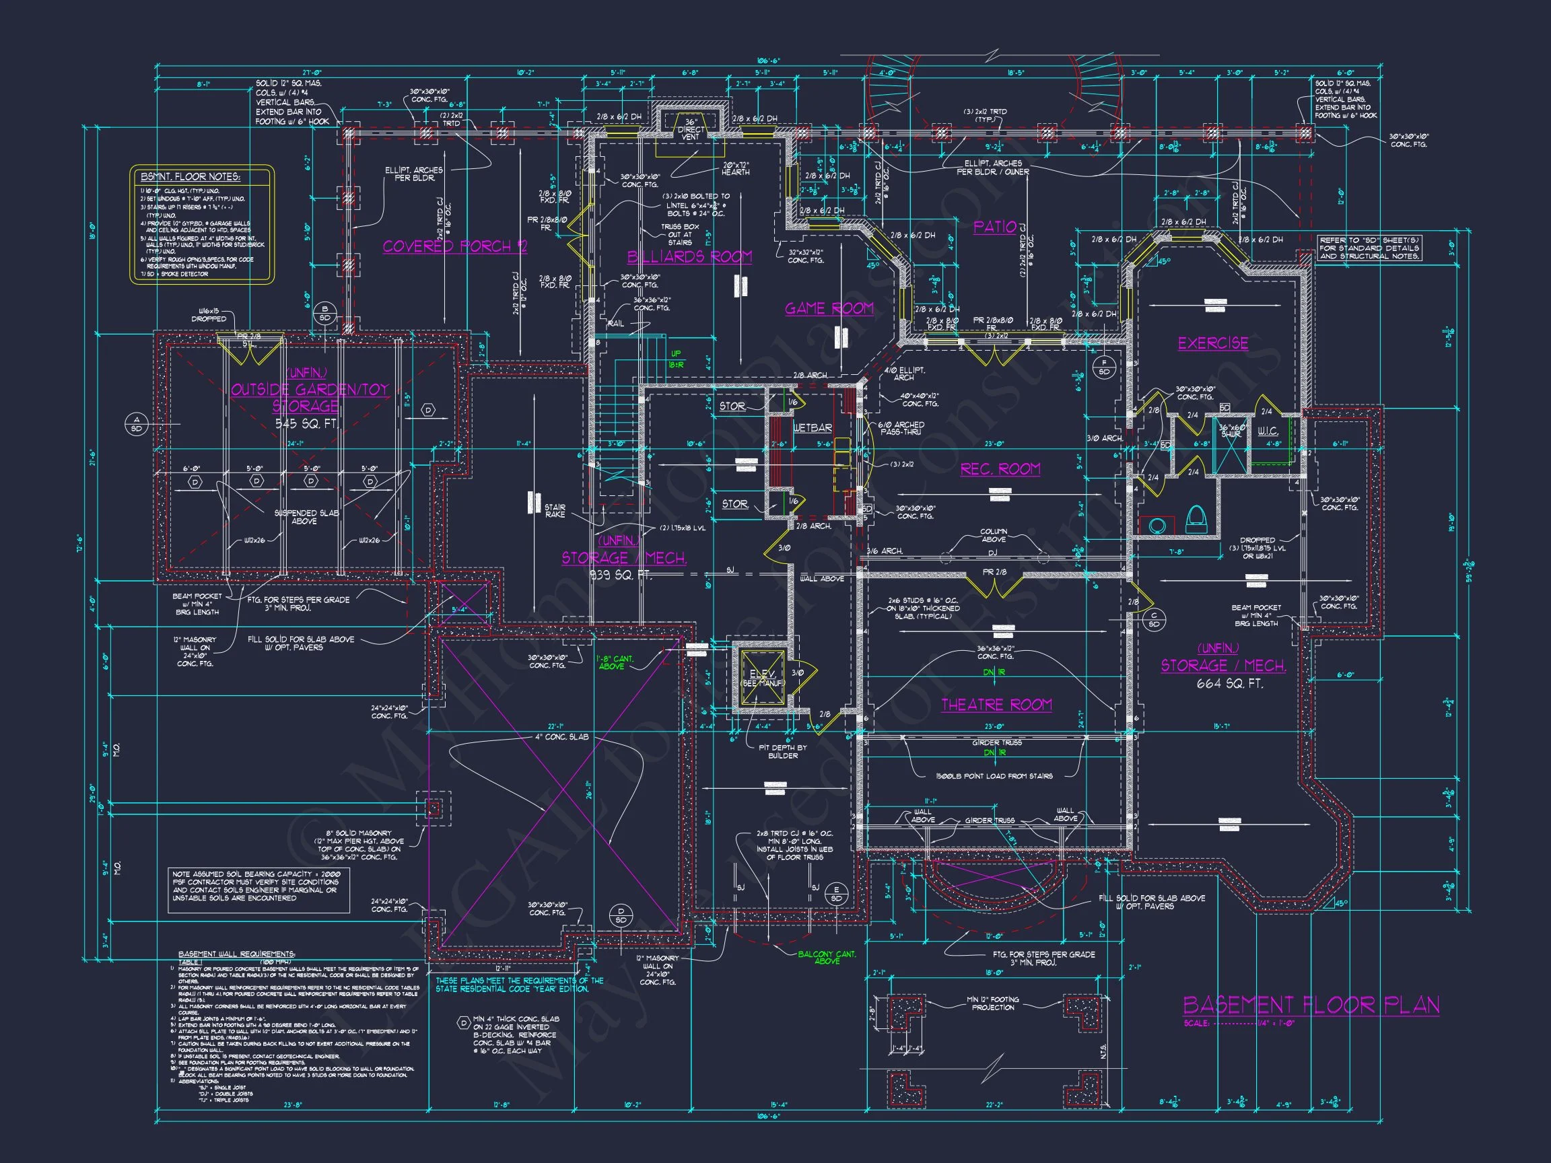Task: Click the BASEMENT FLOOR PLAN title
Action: click(x=1311, y=1005)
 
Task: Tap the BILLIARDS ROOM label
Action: click(x=689, y=256)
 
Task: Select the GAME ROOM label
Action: click(x=829, y=308)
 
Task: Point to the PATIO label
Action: click(x=995, y=226)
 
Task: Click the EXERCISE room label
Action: click(x=1213, y=343)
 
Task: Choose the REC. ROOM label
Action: click(x=1000, y=469)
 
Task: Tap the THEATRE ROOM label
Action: click(x=996, y=705)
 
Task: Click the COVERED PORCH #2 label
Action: click(x=454, y=246)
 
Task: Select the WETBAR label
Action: click(x=813, y=427)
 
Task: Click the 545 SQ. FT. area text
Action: click(x=307, y=424)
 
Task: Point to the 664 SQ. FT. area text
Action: click(x=1230, y=684)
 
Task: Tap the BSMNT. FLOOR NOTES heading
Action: click(x=191, y=176)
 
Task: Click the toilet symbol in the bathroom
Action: click(x=1196, y=520)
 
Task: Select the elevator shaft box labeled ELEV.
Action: click(x=761, y=678)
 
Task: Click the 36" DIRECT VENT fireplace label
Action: click(x=691, y=130)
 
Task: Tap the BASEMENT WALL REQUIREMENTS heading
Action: click(x=236, y=954)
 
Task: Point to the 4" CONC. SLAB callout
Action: click(x=562, y=737)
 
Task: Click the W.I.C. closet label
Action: click(x=1267, y=432)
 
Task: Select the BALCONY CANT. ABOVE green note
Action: click(x=827, y=957)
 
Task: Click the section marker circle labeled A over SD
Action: click(x=136, y=423)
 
